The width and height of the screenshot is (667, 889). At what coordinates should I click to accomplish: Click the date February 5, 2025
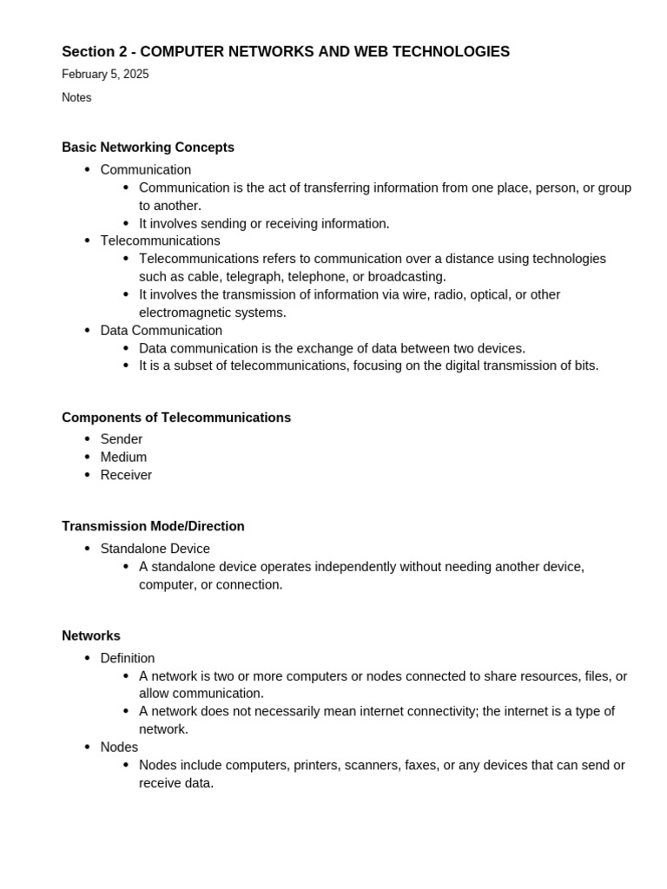[105, 75]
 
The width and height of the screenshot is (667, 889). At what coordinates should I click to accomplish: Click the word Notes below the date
[76, 98]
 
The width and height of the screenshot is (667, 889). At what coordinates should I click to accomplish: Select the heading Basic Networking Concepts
[148, 148]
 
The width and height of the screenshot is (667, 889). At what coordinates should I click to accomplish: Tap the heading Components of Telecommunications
[176, 418]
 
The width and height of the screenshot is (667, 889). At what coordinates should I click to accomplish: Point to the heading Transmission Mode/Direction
[153, 526]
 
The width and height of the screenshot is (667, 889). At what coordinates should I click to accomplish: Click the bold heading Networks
[91, 635]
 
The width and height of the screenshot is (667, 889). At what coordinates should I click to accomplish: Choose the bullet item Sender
[122, 439]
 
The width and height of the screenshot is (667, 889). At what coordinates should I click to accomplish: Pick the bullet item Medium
[123, 458]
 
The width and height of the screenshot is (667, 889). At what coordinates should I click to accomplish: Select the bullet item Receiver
[126, 475]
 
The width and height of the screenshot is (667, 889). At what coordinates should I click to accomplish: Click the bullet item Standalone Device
[155, 549]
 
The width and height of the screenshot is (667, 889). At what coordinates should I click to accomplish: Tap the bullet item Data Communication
[161, 331]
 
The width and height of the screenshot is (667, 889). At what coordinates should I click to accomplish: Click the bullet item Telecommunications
[160, 240]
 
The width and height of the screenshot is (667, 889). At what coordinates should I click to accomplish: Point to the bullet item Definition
[128, 658]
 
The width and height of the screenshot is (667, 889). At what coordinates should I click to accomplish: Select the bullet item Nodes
[119, 747]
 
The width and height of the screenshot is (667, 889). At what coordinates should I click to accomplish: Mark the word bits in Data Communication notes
[584, 365]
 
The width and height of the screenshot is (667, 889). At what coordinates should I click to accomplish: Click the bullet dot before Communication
[87, 170]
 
